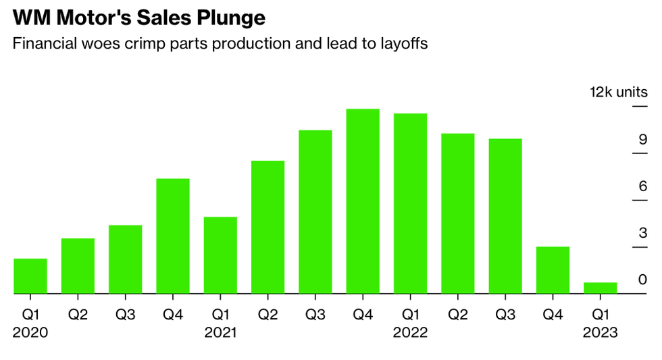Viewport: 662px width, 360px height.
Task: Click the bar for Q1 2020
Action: [30, 276]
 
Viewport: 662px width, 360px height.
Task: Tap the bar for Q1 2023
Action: [600, 288]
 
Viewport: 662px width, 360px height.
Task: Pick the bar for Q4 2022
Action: [553, 270]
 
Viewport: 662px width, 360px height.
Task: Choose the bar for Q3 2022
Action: [505, 216]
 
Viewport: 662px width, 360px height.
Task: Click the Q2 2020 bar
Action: [78, 266]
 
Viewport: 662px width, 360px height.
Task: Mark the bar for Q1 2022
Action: [410, 203]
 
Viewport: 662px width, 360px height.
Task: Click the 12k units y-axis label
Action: [618, 93]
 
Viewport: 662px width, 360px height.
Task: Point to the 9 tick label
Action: [643, 140]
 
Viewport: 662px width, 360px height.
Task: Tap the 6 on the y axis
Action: [643, 186]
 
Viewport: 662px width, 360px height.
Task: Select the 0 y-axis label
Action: [643, 280]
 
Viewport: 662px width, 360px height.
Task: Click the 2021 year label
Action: [220, 332]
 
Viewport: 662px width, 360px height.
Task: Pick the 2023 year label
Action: [600, 332]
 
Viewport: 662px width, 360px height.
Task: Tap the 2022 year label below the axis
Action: [410, 332]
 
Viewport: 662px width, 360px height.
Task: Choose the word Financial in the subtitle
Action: [41, 44]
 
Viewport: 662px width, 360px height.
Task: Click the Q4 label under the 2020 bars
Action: [173, 314]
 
